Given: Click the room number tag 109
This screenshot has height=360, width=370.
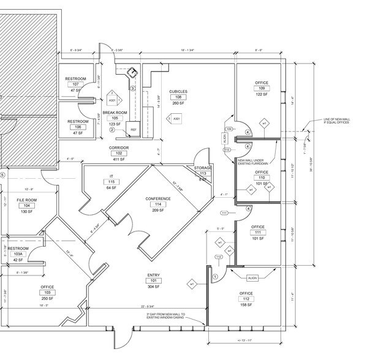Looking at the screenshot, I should click(261, 89).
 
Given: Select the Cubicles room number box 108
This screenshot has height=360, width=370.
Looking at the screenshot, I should click(179, 97).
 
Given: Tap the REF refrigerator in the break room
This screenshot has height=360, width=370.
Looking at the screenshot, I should click(133, 130).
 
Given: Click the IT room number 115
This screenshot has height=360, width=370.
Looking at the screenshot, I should click(111, 182).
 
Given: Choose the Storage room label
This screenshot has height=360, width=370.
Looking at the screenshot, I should click(203, 168).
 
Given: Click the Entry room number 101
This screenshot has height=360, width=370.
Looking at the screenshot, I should click(154, 281).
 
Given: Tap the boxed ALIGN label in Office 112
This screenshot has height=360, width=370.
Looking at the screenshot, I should click(252, 277).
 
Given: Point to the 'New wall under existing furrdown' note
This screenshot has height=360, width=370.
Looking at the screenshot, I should click(254, 162).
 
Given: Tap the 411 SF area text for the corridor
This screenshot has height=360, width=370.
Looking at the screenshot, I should click(118, 159).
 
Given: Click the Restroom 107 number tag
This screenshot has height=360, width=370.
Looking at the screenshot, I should click(76, 84).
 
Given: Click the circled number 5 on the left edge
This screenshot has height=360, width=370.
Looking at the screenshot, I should click(2, 174).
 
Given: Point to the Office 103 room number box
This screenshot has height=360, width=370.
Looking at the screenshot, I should click(47, 292).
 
